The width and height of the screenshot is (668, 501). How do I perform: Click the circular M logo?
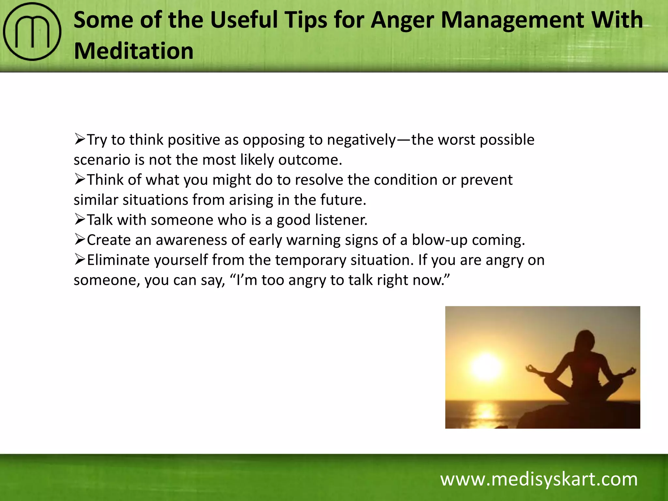pos(32,32)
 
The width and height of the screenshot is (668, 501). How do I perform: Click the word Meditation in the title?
pos(134,51)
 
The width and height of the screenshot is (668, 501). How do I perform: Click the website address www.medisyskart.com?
pos(539,479)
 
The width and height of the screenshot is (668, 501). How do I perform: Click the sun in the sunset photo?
pos(486,367)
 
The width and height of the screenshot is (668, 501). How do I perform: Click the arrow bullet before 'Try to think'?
pos(80,139)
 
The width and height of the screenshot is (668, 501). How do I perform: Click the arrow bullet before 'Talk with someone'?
pos(80,220)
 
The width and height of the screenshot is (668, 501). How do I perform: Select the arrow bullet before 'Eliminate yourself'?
pos(80,260)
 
